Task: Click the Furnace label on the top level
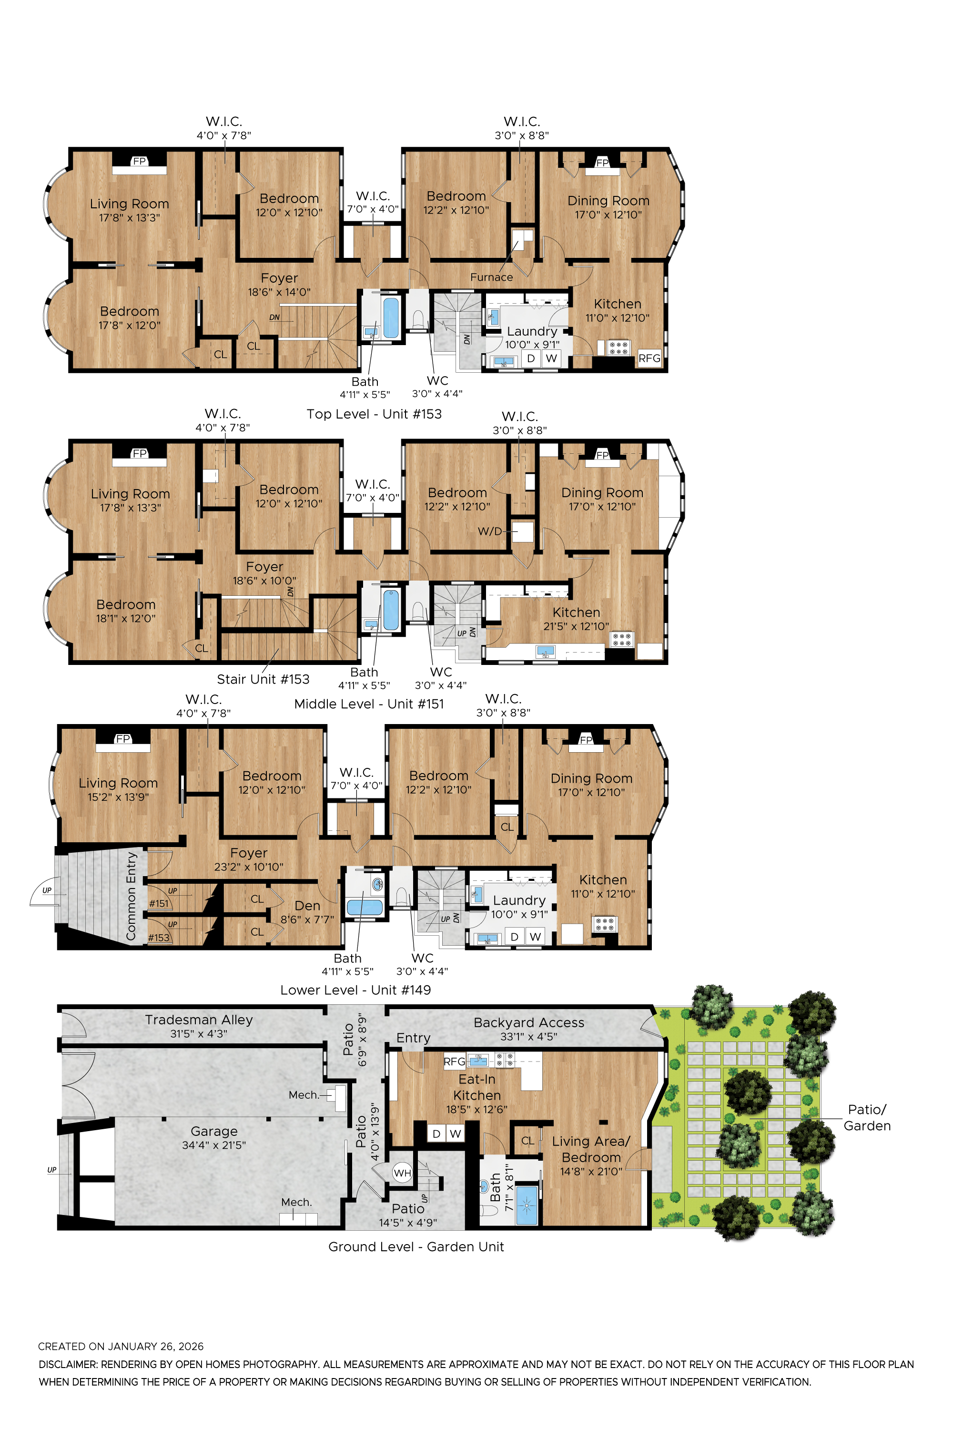point(491,277)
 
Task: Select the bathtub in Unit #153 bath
point(391,317)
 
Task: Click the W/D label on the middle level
point(490,531)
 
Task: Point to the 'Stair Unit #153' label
point(263,679)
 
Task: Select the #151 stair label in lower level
point(159,903)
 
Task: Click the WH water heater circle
point(402,1173)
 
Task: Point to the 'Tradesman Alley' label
point(199,1020)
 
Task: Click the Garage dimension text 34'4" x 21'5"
point(213,1145)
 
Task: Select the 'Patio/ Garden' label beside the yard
point(867,1117)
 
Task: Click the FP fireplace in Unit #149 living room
point(123,739)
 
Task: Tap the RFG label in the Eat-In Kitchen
point(454,1062)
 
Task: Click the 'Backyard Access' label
point(529,1022)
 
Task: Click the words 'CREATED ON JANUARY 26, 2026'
point(121,1346)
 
